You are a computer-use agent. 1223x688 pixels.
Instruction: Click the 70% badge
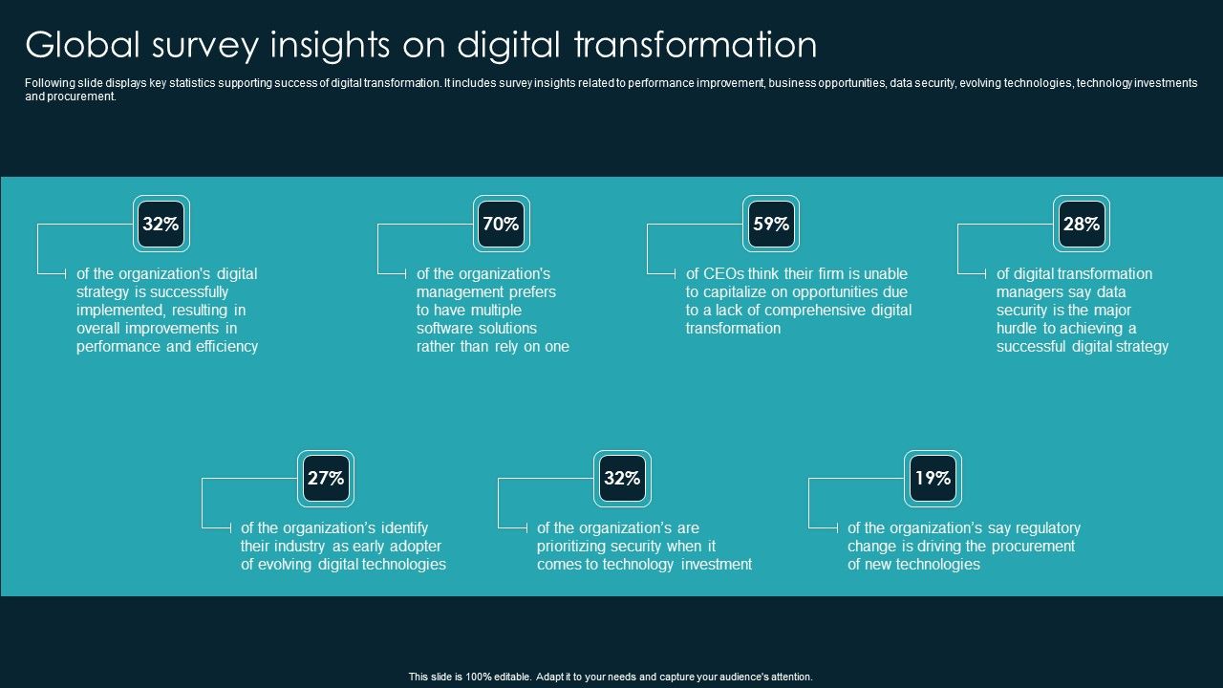pos(502,224)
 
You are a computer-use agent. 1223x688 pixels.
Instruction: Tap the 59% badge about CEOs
pos(771,224)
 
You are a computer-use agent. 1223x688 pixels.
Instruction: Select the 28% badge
pos(1082,224)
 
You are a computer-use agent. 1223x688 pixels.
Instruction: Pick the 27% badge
pos(326,479)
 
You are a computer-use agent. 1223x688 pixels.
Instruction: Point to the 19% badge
pos(933,479)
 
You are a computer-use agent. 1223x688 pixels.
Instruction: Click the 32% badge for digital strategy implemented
pos(161,224)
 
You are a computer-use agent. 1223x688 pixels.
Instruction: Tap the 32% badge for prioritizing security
pos(622,479)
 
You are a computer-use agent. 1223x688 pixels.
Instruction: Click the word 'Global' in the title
pos(83,45)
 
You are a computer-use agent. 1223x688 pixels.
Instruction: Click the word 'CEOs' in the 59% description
pos(723,273)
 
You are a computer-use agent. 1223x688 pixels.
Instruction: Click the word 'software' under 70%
pos(443,328)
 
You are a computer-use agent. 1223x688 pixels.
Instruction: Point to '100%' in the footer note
pos(477,677)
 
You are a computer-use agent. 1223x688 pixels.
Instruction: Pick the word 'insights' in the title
pos(330,45)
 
